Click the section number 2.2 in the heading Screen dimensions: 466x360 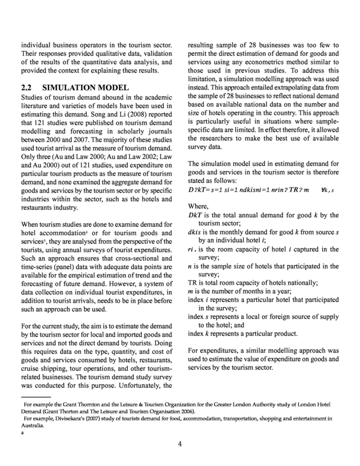(26, 88)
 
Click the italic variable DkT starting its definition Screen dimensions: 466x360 (196, 215)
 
